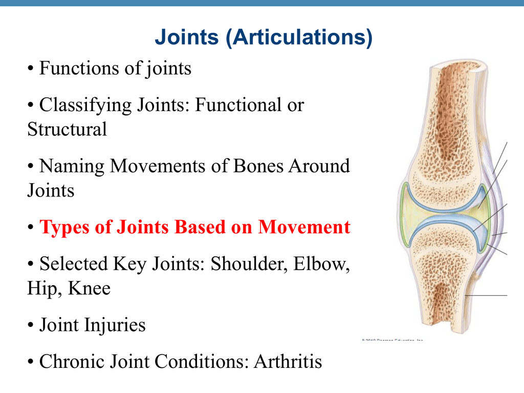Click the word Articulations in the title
click(x=299, y=37)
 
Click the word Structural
click(x=67, y=129)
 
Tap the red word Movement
click(x=304, y=227)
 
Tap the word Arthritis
click(x=288, y=362)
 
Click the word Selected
click(x=72, y=264)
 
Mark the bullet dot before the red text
click(x=31, y=228)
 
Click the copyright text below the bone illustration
click(x=392, y=339)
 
